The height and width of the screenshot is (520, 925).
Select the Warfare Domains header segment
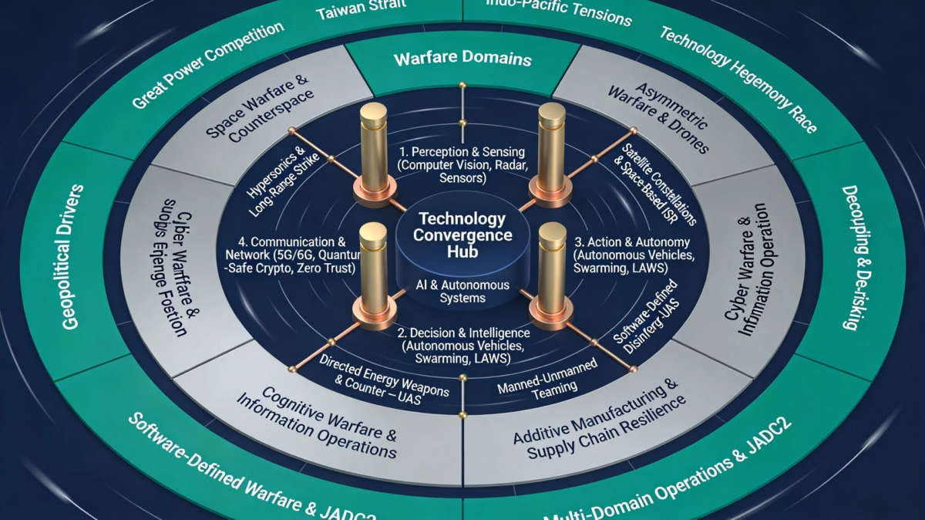(462, 59)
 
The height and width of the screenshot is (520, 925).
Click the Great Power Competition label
(207, 66)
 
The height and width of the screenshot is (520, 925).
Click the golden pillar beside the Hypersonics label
(374, 154)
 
